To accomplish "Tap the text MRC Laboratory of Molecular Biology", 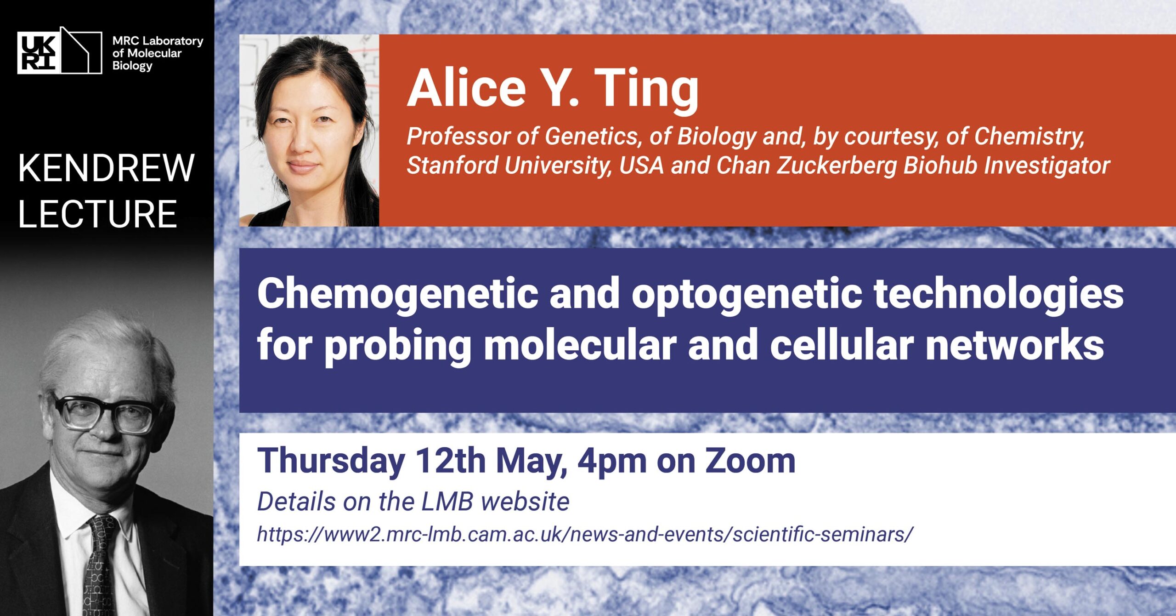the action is coord(158,53).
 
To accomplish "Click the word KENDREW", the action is coord(107,168).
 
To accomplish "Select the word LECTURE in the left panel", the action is coord(97,214).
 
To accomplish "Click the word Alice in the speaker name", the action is coord(466,88).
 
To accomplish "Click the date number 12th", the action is coord(450,460).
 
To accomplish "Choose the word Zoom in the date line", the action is coord(750,461).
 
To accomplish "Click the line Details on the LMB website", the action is coord(413,502).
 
